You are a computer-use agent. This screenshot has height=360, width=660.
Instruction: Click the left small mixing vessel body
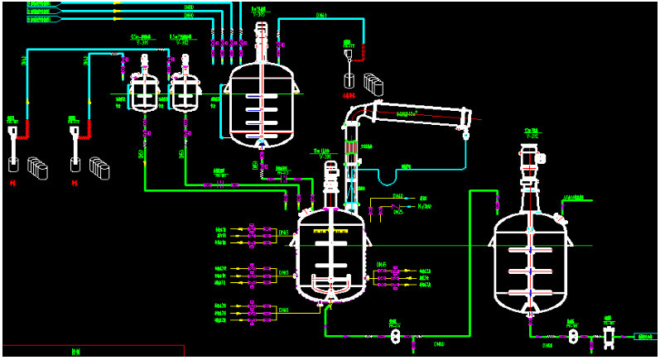pos(145,92)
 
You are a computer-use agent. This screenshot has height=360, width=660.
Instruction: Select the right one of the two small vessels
pos(185,92)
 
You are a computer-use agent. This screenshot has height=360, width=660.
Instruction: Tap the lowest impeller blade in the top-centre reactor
pos(262,124)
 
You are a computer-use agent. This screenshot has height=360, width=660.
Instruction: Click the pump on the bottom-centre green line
pos(395,337)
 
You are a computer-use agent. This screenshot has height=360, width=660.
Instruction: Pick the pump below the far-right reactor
pos(571,336)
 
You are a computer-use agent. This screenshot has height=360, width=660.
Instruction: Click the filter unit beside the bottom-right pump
pos(611,336)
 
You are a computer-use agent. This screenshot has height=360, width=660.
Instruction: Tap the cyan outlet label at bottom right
pos(645,337)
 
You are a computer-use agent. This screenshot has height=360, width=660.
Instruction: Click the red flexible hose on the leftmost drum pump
pos(22,128)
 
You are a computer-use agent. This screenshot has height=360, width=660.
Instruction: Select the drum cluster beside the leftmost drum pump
pos(38,167)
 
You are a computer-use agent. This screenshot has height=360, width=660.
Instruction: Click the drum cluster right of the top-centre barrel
pos(376,84)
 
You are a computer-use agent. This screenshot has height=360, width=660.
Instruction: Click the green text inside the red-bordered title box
pos(75,351)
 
